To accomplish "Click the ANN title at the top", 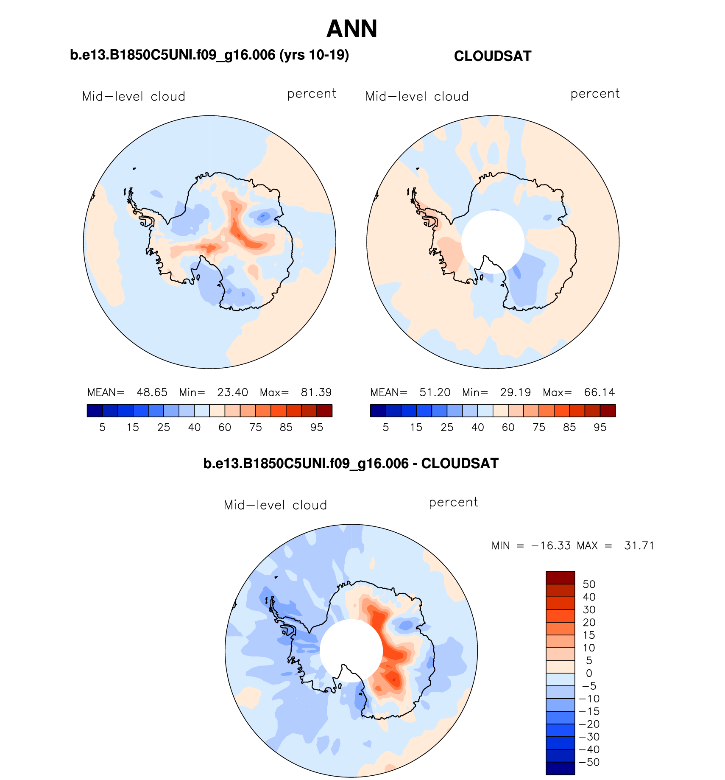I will [351, 29].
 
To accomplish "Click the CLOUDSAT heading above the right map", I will [492, 56].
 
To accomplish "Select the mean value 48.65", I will [152, 392].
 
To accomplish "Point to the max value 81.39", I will [316, 392].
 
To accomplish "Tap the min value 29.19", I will [515, 392].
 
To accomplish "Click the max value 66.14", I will [599, 392].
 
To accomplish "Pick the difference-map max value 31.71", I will [639, 546].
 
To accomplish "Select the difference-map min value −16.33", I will [551, 546].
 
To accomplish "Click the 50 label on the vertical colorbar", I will [589, 584].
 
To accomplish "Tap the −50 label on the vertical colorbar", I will [589, 762].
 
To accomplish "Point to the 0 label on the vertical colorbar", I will [589, 674].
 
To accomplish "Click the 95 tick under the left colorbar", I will [317, 428].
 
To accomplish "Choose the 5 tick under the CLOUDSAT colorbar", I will [385, 428].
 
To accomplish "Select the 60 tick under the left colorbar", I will [225, 428].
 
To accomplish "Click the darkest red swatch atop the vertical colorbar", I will [560, 578].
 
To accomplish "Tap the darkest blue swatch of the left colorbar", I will [95, 411].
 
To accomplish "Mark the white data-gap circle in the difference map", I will [351, 651].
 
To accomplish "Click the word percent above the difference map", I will [453, 502].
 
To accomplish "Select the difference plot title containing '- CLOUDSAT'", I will [351, 464].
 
